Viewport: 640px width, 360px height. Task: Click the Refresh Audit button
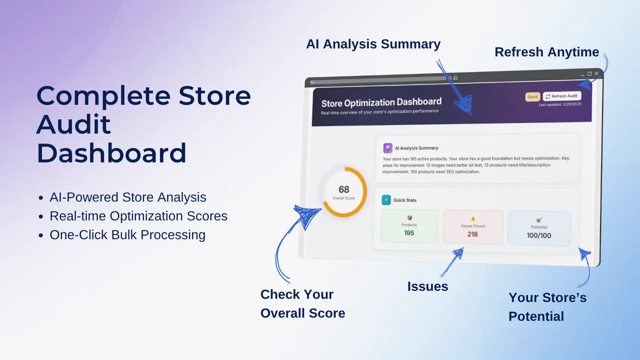point(562,96)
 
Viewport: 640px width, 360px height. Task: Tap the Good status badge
point(532,97)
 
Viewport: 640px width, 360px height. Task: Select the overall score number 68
point(343,189)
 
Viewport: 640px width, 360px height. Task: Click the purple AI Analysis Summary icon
point(387,148)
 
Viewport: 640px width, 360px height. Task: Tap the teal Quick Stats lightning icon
point(386,200)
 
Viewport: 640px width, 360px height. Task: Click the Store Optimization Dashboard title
point(381,102)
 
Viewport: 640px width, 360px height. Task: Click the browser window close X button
point(596,73)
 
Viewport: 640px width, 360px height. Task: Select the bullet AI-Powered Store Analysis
point(127,197)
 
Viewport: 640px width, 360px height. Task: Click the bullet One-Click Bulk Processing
point(127,234)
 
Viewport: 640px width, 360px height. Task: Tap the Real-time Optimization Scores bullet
point(138,216)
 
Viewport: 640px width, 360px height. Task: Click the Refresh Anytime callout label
point(546,52)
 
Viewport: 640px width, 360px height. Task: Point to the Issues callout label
point(427,286)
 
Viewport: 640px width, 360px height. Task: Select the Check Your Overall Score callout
point(302,303)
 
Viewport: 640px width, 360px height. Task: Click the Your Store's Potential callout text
point(547,306)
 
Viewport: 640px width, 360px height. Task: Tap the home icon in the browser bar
point(455,77)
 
